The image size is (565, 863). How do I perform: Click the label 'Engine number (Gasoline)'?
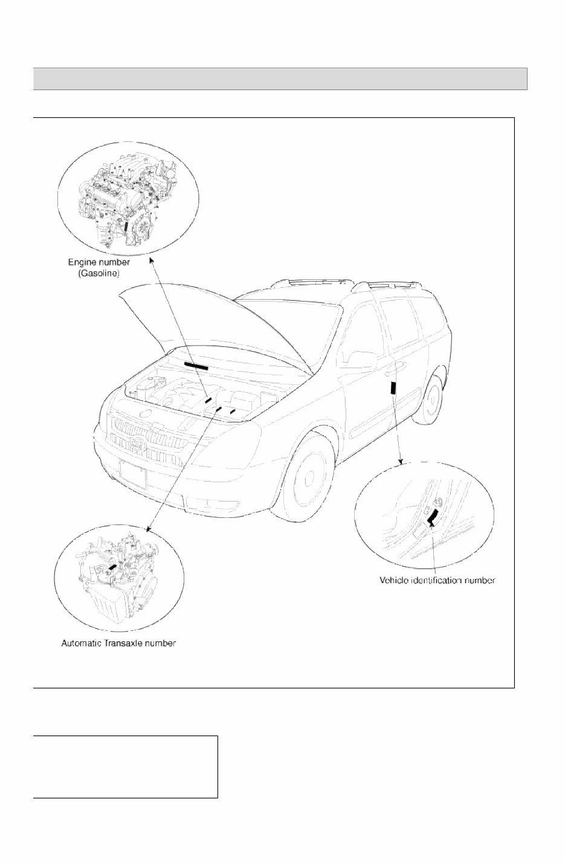click(x=98, y=268)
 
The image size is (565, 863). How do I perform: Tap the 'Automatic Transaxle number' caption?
click(x=118, y=643)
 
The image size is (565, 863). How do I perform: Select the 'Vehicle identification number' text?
click(x=437, y=580)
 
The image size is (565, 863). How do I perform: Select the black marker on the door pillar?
click(x=393, y=388)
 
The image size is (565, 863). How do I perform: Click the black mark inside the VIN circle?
click(x=433, y=516)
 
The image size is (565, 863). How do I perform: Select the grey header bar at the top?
click(x=280, y=79)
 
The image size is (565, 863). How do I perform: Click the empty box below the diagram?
click(x=125, y=766)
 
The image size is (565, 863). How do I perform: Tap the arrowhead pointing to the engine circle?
click(x=151, y=262)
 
